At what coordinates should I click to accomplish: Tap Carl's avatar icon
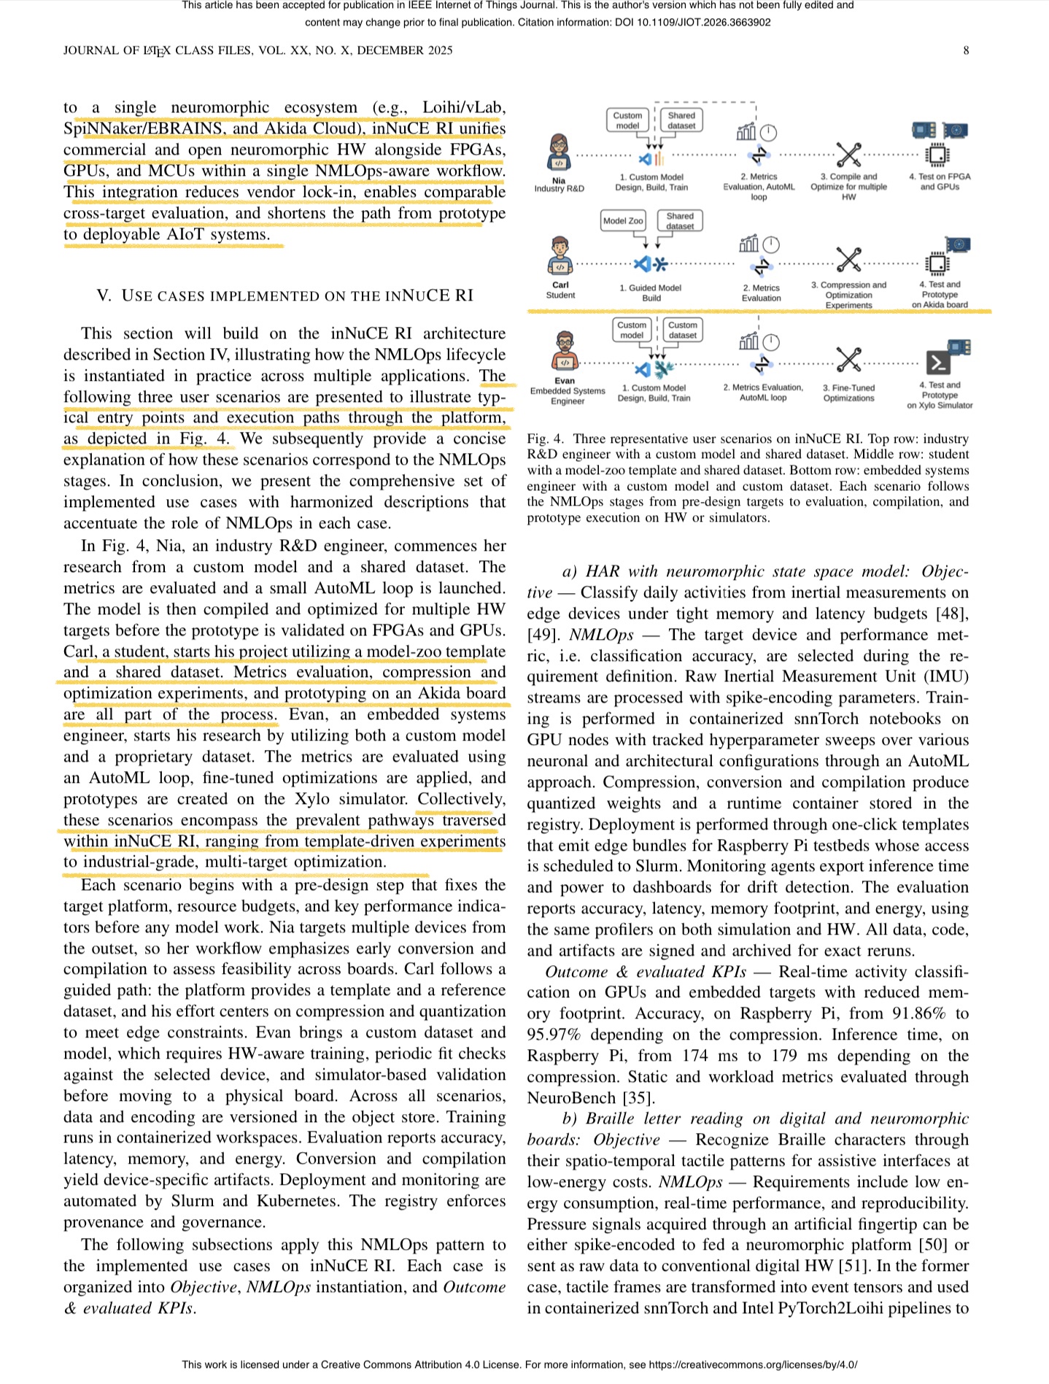[560, 255]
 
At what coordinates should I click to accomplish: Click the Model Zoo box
[623, 221]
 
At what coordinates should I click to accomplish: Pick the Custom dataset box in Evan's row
[682, 330]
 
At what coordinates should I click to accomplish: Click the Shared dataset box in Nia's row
[681, 120]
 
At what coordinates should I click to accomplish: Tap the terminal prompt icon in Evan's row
[937, 361]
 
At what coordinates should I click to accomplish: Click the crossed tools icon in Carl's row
[848, 259]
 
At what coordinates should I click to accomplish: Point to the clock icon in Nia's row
[768, 133]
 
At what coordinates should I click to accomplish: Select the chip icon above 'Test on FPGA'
[937, 155]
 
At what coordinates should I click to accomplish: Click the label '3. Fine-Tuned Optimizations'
[848, 393]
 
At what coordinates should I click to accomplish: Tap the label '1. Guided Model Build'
[651, 293]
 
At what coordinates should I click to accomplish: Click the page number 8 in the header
[966, 50]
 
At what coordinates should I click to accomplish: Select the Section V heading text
[284, 295]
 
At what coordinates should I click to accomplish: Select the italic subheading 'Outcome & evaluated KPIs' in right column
[645, 972]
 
